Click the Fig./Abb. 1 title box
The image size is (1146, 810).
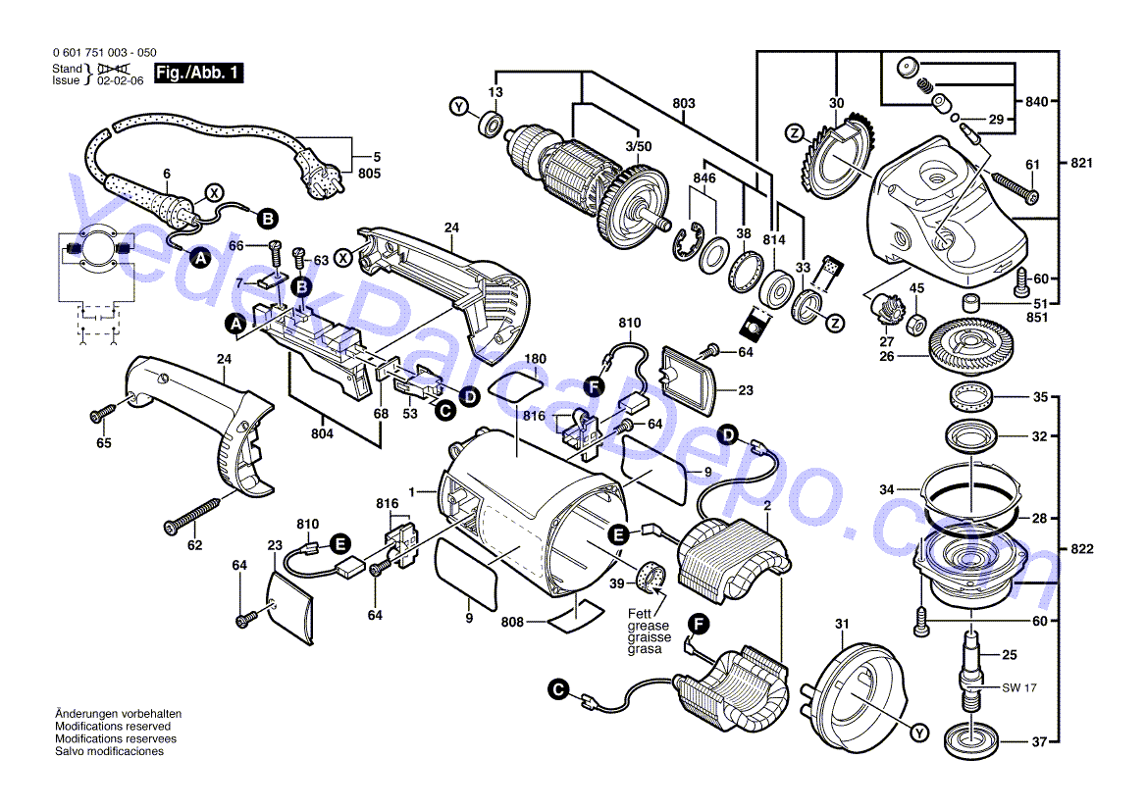tap(199, 73)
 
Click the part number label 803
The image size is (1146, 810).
tap(684, 103)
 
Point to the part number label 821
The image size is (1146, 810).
tap(1081, 162)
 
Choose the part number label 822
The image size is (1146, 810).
tap(1081, 549)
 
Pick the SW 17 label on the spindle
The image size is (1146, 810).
tap(1019, 688)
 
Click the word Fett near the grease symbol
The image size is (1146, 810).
tap(640, 614)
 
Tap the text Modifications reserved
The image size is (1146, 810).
tap(110, 727)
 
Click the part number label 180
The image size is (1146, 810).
tap(535, 359)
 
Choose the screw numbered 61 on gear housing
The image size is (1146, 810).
tap(1012, 186)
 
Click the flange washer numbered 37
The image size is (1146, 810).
tap(972, 740)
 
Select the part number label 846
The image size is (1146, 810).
tap(704, 179)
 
